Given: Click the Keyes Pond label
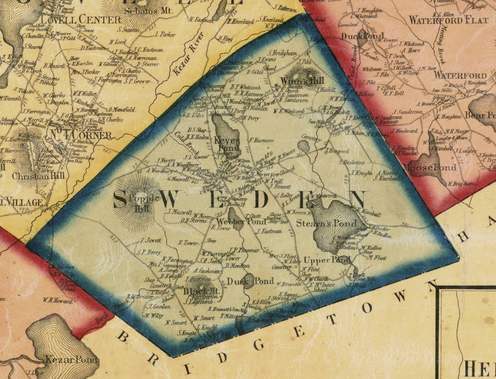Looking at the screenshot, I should click(x=227, y=144).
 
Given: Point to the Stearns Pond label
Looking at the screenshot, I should click(x=326, y=224).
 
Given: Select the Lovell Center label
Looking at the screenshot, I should click(x=81, y=20).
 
